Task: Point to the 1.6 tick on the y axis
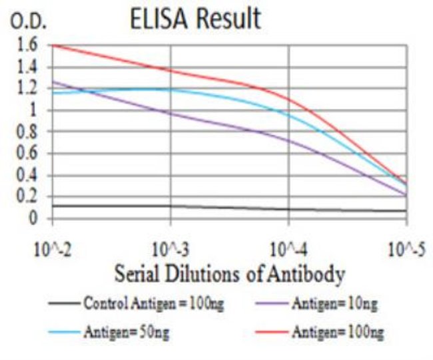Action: tap(29, 45)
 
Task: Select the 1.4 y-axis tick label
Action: tap(29, 67)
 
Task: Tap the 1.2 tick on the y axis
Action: tap(29, 89)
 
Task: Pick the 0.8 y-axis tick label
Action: tap(29, 132)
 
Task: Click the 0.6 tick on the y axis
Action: tap(29, 154)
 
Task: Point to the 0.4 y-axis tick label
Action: tap(29, 176)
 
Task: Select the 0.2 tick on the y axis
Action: tap(29, 198)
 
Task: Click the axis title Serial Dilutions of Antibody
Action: tap(230, 273)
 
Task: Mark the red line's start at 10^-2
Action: tap(53, 45)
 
